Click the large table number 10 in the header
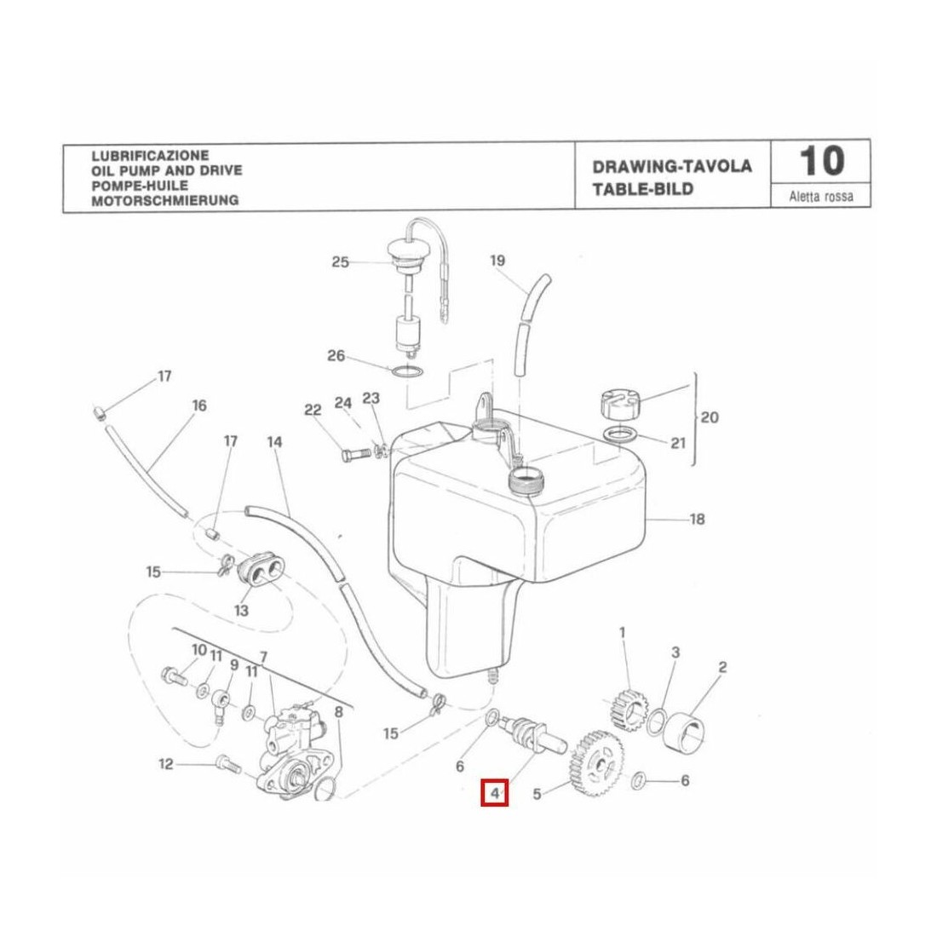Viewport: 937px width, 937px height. [821, 162]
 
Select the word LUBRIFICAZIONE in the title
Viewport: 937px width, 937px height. [149, 156]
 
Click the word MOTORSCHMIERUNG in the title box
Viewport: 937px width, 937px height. [164, 201]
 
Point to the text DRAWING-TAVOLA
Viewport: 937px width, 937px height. [672, 166]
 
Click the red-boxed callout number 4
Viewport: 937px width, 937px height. [493, 794]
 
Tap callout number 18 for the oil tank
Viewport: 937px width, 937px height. [697, 518]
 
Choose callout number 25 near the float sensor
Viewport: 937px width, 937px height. [340, 262]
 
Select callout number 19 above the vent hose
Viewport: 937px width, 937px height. [498, 260]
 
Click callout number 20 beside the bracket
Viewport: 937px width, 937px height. [709, 417]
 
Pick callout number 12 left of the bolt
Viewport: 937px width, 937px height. [165, 764]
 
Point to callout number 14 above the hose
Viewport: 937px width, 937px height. [274, 442]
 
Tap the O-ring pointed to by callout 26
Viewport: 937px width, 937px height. [407, 371]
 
